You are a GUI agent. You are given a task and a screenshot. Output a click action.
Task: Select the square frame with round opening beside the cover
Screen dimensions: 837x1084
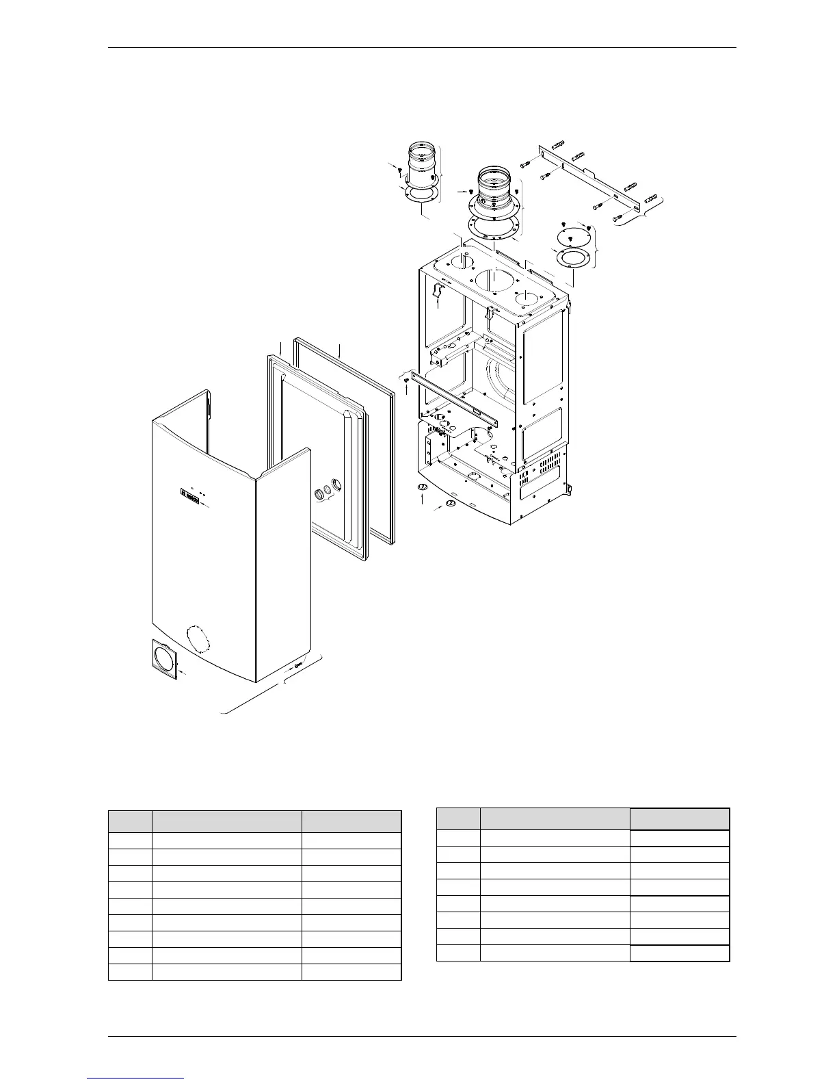(x=163, y=659)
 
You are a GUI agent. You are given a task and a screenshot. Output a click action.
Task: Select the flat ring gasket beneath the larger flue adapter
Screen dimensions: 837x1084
(x=494, y=227)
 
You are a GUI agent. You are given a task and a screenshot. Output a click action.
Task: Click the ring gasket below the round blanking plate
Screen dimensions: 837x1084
(x=574, y=259)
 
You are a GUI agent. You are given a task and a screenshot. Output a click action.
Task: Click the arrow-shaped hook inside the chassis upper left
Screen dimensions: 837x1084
(x=438, y=293)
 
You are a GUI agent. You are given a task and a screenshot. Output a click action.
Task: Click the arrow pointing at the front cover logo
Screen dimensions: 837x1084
(x=207, y=506)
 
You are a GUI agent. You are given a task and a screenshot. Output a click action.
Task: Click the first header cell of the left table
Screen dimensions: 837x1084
(x=130, y=822)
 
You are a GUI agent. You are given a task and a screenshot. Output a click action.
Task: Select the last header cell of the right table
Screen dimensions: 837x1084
(x=680, y=819)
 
